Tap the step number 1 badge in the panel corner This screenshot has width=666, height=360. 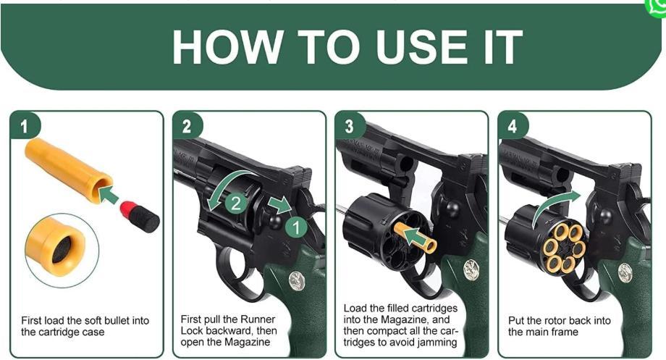click(24, 126)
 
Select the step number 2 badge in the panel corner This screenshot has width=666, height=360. click(187, 126)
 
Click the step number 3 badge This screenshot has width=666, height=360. click(350, 126)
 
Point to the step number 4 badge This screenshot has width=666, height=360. click(513, 126)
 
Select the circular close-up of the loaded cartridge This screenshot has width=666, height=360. click(62, 251)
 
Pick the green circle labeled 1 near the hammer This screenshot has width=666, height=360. click(296, 227)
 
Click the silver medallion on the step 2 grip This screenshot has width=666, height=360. click(297, 281)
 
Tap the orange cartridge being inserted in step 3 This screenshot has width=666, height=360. click(415, 238)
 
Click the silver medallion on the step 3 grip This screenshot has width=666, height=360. click(471, 270)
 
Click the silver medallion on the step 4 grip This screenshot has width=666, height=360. click(625, 273)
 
